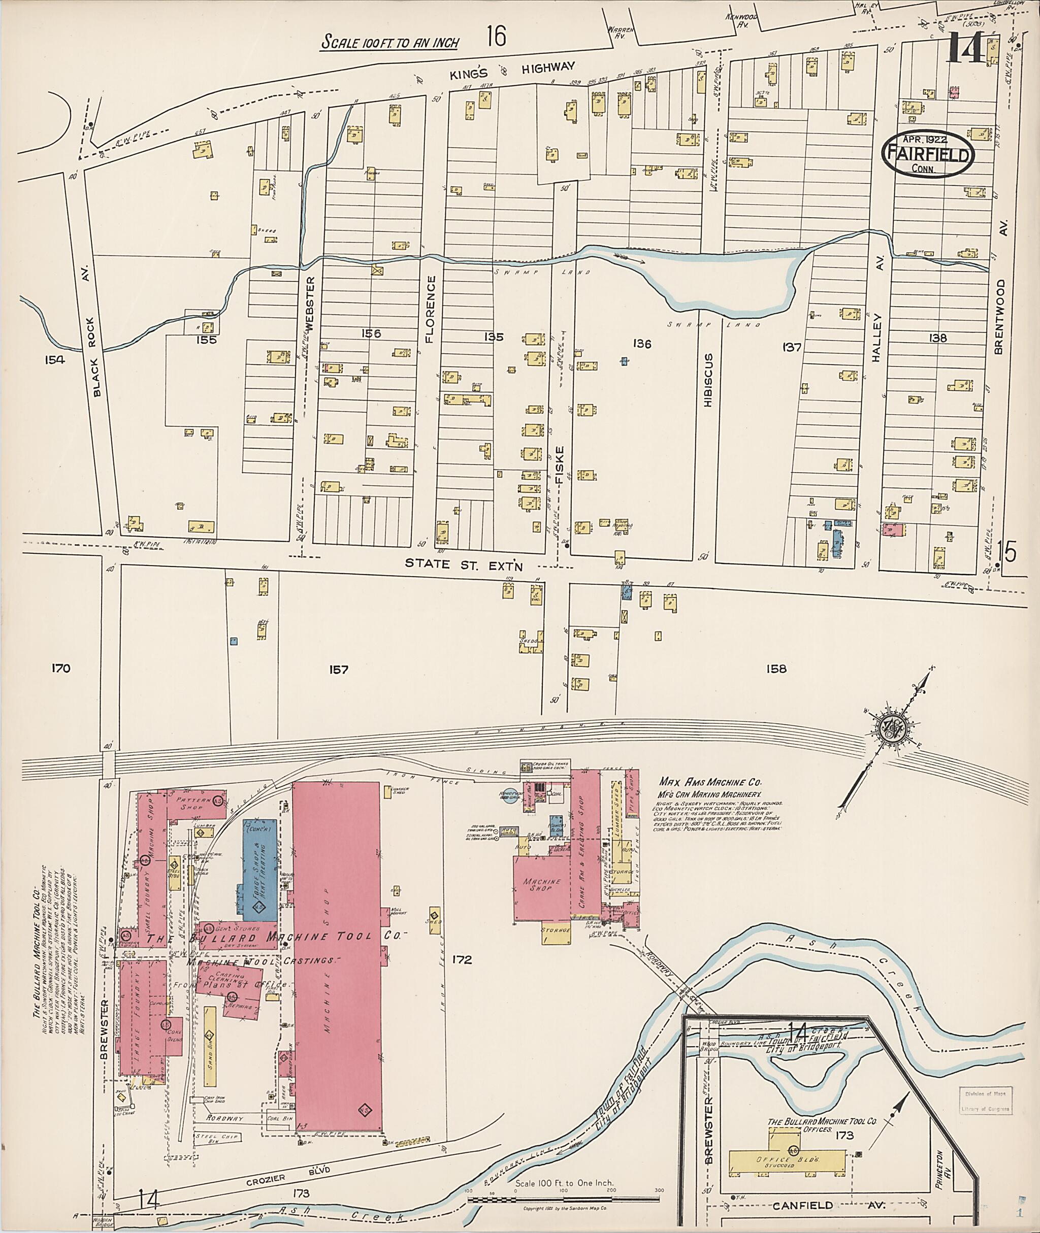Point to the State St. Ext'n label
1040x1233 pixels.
(464, 563)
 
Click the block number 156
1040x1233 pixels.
(370, 334)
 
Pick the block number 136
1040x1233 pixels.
(641, 343)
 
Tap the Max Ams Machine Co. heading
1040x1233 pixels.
(710, 782)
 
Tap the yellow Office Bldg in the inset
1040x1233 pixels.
(790, 1159)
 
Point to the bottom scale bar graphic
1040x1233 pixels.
(563, 1197)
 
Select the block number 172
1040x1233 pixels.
(462, 959)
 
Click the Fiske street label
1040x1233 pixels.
(559, 465)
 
